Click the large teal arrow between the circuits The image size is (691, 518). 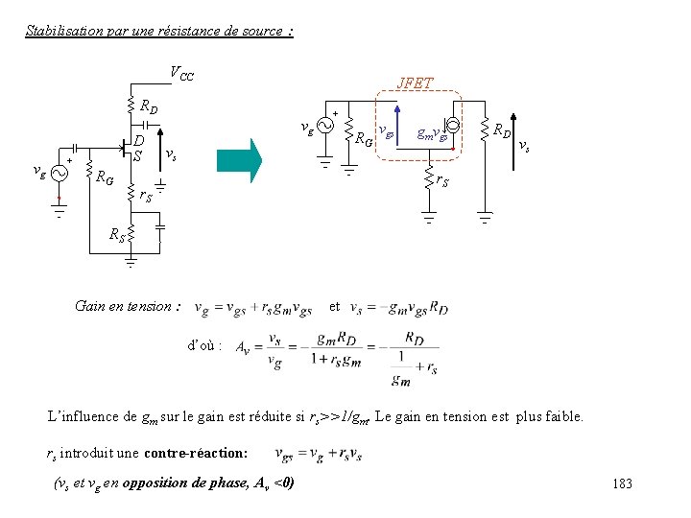point(239,160)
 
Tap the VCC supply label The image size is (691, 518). point(181,73)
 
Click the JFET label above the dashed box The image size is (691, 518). point(416,83)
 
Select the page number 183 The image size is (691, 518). point(622,484)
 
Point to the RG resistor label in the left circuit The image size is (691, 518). point(105,177)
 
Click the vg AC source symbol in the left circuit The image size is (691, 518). point(58,174)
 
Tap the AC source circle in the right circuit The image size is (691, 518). point(323,127)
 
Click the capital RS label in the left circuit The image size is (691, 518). point(116,232)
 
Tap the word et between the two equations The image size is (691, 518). point(334,307)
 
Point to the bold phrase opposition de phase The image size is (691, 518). point(192,481)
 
